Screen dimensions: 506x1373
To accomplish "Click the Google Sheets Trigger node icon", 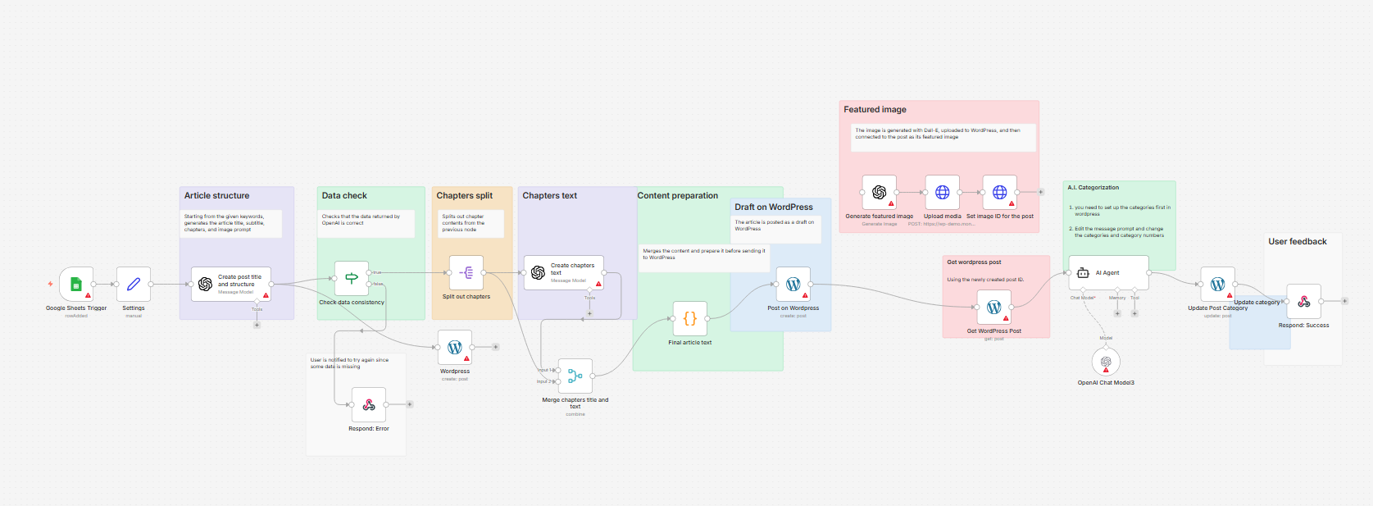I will point(76,284).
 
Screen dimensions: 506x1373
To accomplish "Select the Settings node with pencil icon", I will point(134,284).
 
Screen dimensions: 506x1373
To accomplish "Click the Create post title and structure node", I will point(231,284).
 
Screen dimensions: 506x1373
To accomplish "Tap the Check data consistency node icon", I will point(352,278).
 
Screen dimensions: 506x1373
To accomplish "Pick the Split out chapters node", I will point(466,273).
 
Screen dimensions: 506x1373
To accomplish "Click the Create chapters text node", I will point(564,273).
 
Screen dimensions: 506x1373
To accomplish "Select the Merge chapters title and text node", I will point(575,376).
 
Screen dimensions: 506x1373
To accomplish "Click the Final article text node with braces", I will point(690,318).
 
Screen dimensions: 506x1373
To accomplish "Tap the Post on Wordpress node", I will point(793,284).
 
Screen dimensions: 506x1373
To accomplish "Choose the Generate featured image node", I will point(880,192).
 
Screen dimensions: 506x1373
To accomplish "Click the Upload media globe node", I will point(943,192).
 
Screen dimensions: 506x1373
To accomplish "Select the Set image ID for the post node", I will point(1000,192).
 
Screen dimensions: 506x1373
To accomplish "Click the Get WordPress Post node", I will point(994,307).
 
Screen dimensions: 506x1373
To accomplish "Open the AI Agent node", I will point(1108,272).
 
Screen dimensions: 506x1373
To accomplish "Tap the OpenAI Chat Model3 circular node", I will point(1106,362).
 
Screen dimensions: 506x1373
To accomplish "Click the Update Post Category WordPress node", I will point(1218,284).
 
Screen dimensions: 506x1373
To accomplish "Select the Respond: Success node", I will point(1304,301).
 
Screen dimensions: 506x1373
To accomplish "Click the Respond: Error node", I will point(369,404).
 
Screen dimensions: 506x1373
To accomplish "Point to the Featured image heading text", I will point(875,109).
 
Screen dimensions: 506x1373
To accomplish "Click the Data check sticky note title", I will point(344,195).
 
